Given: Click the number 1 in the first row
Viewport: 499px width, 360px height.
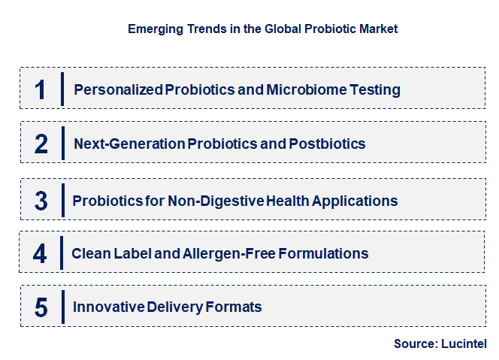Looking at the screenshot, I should (x=41, y=89).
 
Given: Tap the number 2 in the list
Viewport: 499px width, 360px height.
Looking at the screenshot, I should (x=41, y=144).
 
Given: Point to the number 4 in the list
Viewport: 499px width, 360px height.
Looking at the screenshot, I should (x=41, y=253).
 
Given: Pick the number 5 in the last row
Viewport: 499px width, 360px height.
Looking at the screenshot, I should (x=41, y=307).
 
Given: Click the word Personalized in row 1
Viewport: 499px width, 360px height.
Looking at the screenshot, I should (x=118, y=90).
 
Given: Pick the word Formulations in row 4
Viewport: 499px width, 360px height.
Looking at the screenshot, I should (x=323, y=253).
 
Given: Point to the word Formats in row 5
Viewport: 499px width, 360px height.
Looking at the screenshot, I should (x=235, y=307).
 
